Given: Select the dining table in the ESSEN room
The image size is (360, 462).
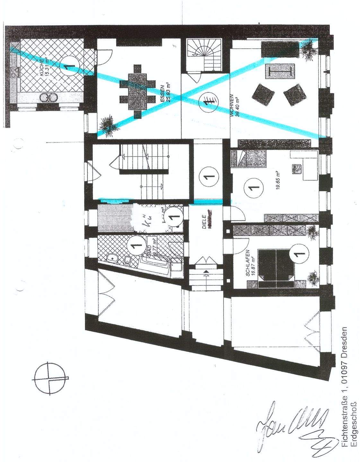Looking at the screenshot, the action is click(x=136, y=91).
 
